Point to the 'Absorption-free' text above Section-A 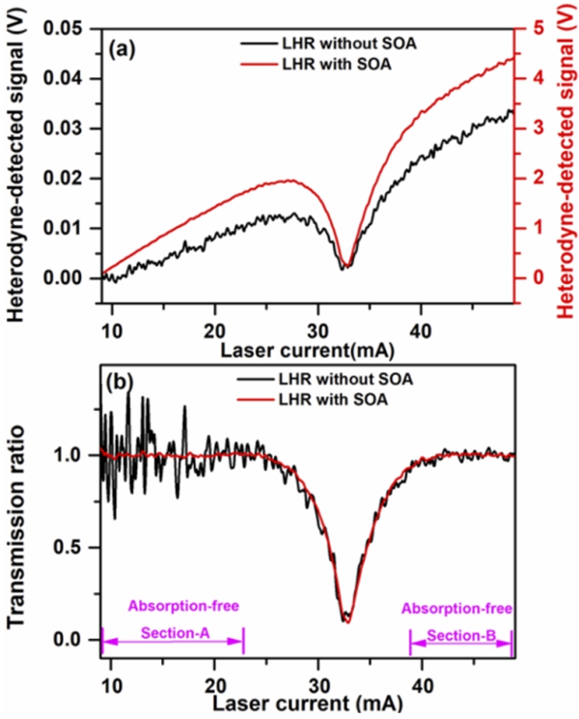[183, 606]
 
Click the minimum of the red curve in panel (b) [347, 620]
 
